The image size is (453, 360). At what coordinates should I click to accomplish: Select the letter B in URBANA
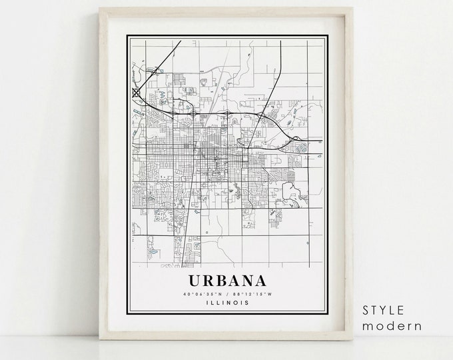click(211, 280)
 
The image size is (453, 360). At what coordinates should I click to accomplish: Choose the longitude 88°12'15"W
click(242, 293)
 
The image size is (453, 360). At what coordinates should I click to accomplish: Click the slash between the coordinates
click(217, 293)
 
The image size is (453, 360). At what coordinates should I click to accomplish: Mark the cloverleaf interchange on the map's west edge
click(137, 93)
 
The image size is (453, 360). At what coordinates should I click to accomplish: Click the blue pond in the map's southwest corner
click(153, 253)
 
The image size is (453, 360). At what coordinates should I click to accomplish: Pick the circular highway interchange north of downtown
click(193, 114)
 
